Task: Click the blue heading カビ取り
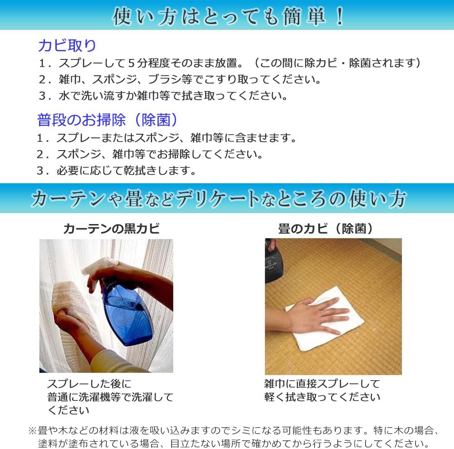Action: pos(67,45)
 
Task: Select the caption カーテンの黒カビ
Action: pos(111,228)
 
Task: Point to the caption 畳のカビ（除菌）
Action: pos(326,228)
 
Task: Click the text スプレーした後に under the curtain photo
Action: pos(89,384)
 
